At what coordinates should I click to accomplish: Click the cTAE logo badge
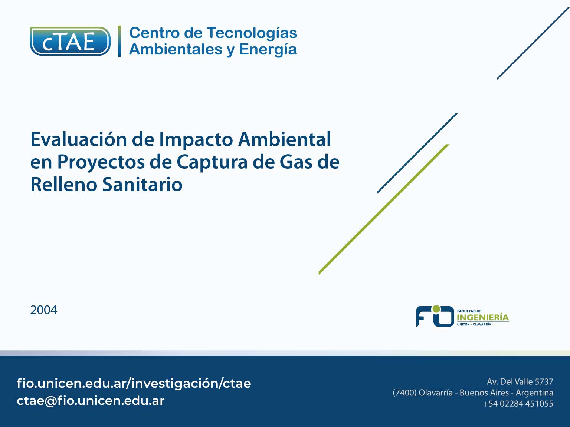(x=70, y=41)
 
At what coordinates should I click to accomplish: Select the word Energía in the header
(x=268, y=50)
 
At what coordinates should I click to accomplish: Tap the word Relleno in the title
(x=64, y=185)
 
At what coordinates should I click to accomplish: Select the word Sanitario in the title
(x=142, y=185)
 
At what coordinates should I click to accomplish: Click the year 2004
(x=44, y=310)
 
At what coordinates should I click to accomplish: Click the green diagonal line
(x=384, y=209)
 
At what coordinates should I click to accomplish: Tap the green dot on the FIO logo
(x=436, y=309)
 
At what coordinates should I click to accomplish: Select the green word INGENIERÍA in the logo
(x=483, y=318)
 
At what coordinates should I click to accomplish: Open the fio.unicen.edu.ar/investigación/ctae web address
(x=134, y=383)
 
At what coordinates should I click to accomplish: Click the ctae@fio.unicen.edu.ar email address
(x=91, y=401)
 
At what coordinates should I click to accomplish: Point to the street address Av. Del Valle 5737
(x=520, y=382)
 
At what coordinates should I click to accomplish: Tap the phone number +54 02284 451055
(x=518, y=404)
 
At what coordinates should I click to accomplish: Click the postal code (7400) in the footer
(x=404, y=393)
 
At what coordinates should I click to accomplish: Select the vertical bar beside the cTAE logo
(x=119, y=41)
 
